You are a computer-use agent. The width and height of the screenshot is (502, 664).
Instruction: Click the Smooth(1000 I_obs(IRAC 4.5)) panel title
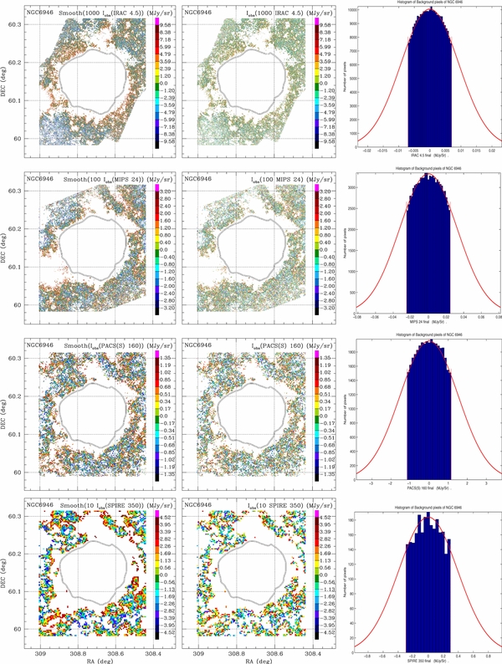click(x=105, y=14)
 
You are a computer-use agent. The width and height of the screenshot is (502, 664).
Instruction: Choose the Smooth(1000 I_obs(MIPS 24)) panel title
click(x=105, y=179)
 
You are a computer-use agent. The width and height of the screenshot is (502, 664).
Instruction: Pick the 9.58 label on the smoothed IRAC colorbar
click(x=166, y=25)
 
